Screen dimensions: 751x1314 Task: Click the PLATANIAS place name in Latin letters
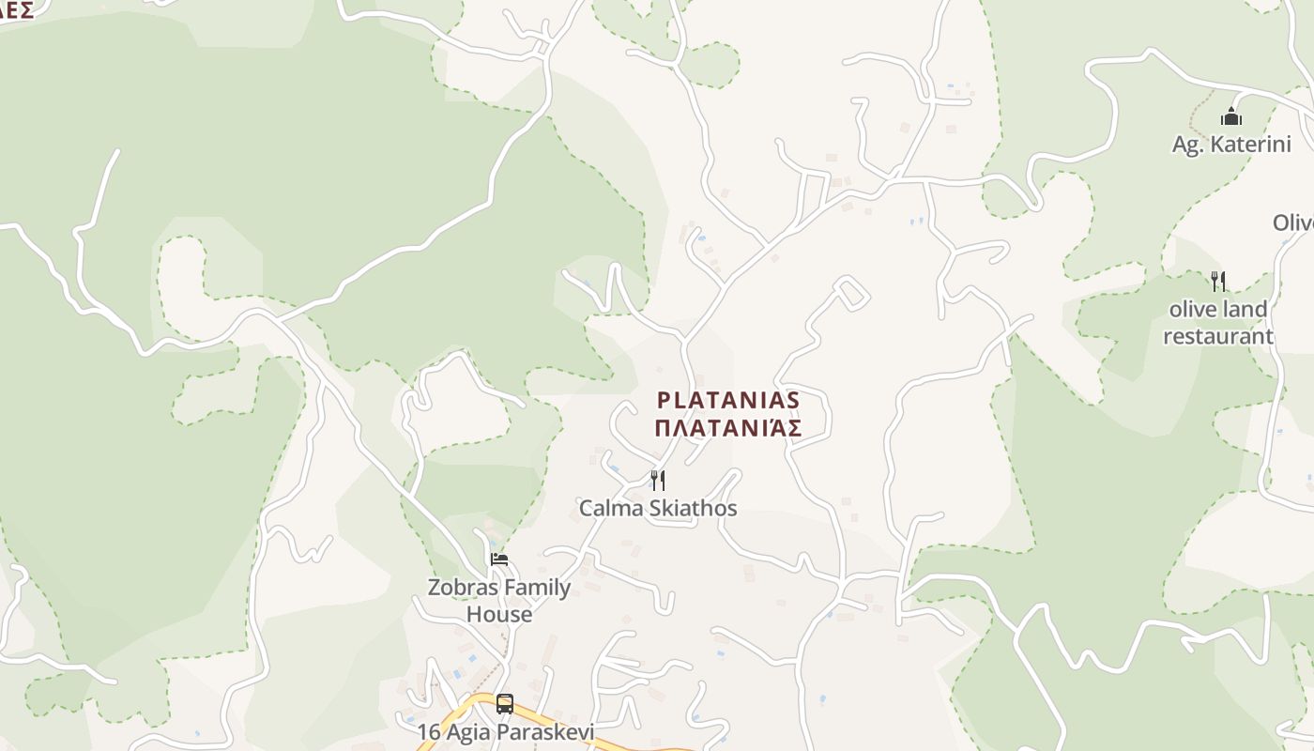click(728, 401)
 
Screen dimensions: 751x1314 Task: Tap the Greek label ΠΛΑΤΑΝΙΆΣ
click(728, 429)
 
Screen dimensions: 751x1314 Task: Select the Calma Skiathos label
click(657, 509)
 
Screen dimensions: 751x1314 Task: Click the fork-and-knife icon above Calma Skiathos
click(658, 481)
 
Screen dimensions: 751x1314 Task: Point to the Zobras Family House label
click(499, 600)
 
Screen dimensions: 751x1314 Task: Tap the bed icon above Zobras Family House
click(499, 559)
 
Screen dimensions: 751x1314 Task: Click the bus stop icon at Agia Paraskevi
click(505, 703)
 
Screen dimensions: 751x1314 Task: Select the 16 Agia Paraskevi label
click(506, 731)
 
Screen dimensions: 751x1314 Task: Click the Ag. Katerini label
click(1231, 145)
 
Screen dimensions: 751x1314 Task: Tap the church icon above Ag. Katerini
click(1231, 117)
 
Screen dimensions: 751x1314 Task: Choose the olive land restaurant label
click(1218, 322)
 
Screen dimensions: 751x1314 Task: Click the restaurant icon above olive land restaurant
click(1218, 281)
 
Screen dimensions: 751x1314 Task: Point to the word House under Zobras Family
click(499, 614)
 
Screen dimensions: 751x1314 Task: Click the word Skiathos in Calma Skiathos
click(695, 509)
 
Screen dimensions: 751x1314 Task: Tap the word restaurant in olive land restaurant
click(1218, 336)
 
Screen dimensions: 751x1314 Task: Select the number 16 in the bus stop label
click(429, 731)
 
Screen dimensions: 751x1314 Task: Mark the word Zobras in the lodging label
click(458, 588)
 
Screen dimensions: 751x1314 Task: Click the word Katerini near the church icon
click(1250, 145)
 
